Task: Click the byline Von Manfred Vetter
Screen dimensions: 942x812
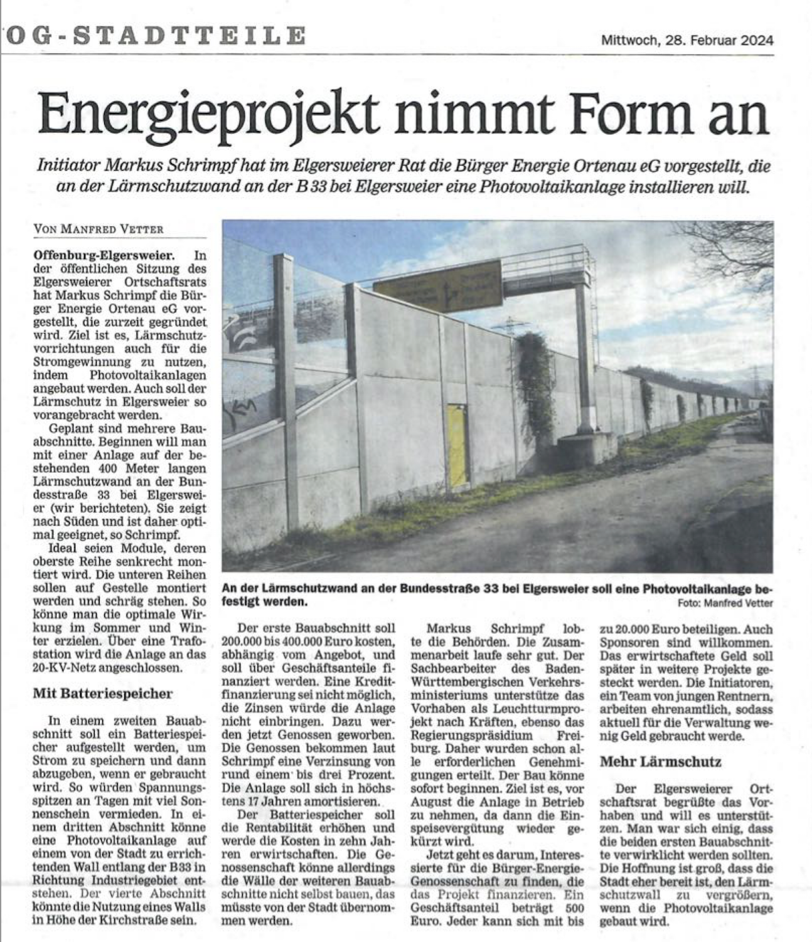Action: (x=99, y=229)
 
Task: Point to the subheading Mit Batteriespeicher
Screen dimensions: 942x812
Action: (x=102, y=694)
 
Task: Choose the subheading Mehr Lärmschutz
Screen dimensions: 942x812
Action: (x=661, y=762)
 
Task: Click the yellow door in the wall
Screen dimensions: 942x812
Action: (x=457, y=446)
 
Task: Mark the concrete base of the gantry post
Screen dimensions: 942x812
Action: (x=587, y=446)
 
